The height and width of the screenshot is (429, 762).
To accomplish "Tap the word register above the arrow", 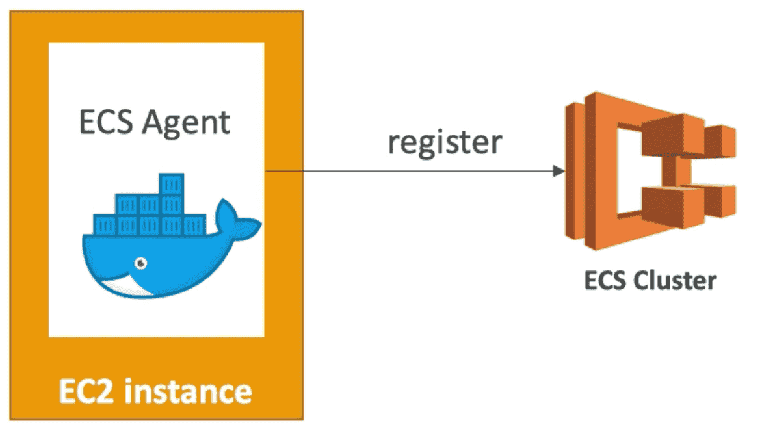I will (x=445, y=142).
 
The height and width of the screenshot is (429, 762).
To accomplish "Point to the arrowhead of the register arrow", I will (x=558, y=172).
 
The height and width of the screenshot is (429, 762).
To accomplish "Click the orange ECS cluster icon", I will (x=650, y=172).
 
